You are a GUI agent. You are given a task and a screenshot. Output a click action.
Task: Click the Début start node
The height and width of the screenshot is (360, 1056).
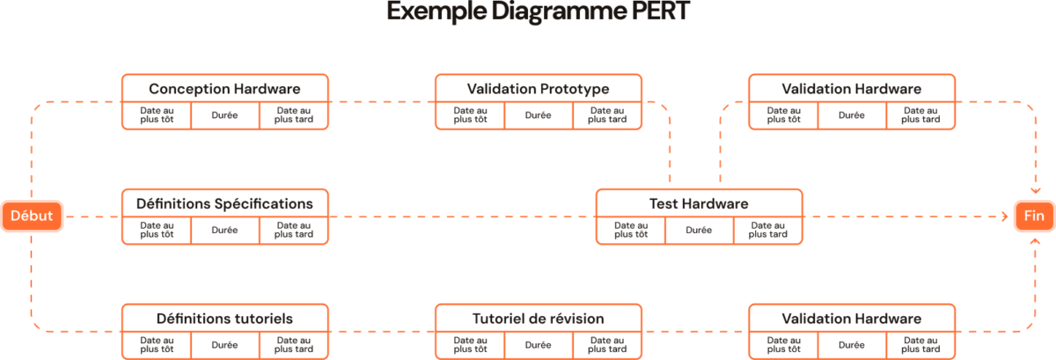(32, 216)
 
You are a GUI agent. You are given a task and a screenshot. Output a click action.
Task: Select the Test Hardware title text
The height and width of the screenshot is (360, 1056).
(699, 203)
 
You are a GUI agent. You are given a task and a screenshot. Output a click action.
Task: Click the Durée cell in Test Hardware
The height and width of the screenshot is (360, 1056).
(699, 230)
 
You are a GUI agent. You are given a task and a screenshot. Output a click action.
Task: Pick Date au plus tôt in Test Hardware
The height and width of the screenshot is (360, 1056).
(630, 230)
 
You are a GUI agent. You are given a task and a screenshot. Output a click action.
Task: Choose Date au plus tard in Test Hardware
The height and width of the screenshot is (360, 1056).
(767, 230)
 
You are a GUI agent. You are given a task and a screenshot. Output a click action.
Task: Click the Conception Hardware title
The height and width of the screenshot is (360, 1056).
(224, 89)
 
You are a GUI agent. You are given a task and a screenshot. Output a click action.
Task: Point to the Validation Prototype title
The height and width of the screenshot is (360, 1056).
(538, 89)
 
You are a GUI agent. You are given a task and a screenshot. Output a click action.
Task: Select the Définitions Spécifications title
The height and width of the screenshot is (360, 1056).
(224, 203)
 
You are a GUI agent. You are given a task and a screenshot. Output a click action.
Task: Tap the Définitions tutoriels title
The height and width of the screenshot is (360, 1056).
(224, 318)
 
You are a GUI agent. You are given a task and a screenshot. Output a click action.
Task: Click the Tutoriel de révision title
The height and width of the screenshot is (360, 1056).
(538, 318)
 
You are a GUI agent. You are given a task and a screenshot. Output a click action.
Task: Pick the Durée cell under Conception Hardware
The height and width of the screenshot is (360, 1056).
(224, 115)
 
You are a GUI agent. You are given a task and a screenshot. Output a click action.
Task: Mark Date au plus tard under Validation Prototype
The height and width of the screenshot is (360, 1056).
(607, 115)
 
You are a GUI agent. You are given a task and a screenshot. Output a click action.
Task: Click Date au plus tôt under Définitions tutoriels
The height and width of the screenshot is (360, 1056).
(156, 344)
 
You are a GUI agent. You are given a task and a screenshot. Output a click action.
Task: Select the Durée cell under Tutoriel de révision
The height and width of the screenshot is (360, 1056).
(538, 344)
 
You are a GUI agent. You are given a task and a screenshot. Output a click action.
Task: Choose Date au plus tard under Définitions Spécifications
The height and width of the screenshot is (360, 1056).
(294, 230)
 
